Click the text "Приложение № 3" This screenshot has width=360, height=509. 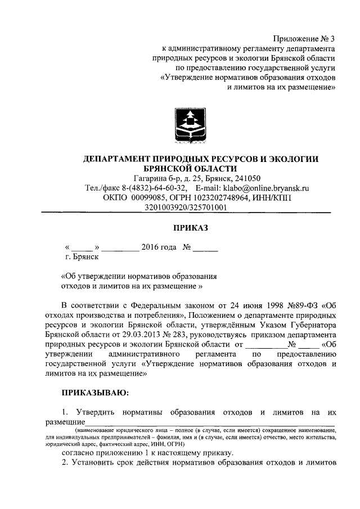[x=303, y=39]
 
